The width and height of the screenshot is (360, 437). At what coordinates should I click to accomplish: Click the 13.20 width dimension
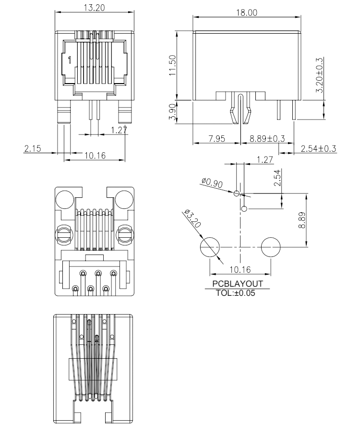coord(95,8)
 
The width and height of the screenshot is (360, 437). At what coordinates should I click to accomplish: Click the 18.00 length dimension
coord(247,13)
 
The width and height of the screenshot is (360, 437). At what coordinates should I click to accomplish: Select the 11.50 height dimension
coord(172,65)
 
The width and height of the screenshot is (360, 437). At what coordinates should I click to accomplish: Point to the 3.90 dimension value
coord(172,112)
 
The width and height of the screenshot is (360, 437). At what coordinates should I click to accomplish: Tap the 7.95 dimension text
coord(216,138)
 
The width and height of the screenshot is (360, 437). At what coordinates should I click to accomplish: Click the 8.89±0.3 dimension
coord(267,138)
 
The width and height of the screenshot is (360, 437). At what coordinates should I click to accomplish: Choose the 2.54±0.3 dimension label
coord(318,148)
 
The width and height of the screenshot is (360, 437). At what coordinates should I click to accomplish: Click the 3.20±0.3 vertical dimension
coord(320,75)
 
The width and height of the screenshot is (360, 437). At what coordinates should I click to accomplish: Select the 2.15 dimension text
coord(33,148)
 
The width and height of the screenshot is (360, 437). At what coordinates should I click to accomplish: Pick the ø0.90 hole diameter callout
coord(212,183)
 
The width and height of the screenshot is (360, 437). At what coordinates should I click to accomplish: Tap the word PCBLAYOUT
coord(238,284)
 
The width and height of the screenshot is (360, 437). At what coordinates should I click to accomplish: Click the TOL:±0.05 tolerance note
coord(236,293)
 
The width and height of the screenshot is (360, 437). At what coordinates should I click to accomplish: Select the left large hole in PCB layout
coord(210,247)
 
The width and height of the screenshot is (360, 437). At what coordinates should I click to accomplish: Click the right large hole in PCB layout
coord(271,247)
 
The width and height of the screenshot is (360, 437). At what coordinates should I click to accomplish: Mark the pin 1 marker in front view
coord(70,60)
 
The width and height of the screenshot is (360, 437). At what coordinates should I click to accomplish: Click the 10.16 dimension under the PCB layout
coord(240,269)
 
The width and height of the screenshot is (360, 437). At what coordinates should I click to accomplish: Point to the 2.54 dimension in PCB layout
coord(277,178)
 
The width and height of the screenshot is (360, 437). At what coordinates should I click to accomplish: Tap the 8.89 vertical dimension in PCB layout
coord(302,220)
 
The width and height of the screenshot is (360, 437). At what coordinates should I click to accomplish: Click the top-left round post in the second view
coord(65,199)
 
